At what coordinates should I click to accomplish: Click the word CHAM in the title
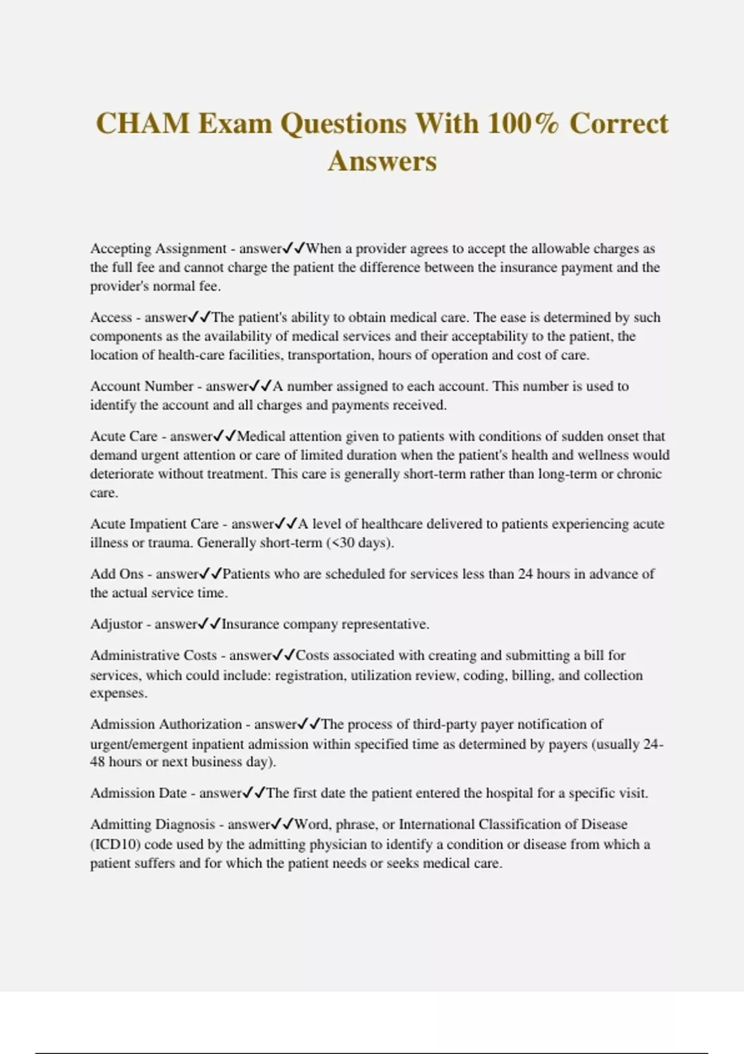tap(143, 123)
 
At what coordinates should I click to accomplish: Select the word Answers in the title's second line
tap(383, 161)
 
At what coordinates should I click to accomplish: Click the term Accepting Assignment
tap(158, 249)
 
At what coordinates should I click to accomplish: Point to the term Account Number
tap(142, 386)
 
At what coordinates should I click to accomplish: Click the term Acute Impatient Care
tap(154, 524)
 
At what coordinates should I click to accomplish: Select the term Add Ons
tap(117, 574)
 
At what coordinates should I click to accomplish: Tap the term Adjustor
tap(117, 624)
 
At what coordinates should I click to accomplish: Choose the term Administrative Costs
tap(154, 655)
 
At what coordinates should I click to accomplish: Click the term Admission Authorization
tap(166, 724)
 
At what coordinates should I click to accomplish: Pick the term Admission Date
tap(138, 793)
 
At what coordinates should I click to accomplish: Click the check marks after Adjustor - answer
tap(210, 624)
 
